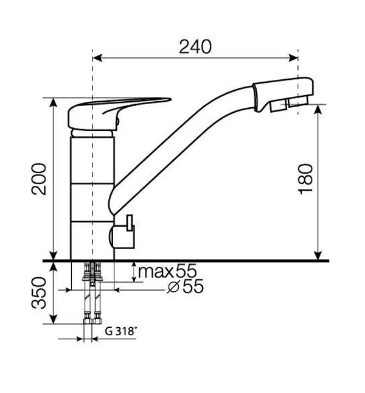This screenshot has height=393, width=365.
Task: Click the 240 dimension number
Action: tap(195, 47)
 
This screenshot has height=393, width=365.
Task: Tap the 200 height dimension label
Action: tap(40, 179)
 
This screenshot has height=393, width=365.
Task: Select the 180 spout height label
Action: tap(306, 179)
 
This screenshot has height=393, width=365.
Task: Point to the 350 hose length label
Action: tap(40, 292)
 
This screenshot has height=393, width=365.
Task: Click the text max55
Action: tap(167, 271)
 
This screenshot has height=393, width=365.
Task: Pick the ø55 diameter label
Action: tap(186, 286)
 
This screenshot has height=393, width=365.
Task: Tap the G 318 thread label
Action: tap(121, 331)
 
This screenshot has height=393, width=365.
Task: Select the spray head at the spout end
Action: tap(283, 94)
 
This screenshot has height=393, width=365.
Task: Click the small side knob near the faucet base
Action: tap(123, 233)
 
